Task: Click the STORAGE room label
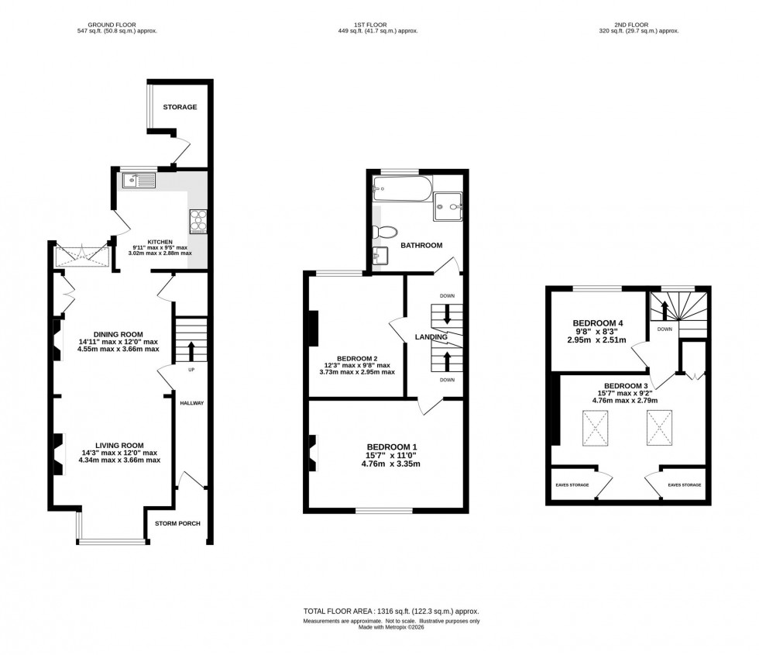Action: click(x=180, y=107)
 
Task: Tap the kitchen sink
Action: click(x=138, y=181)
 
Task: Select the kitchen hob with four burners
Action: click(x=198, y=222)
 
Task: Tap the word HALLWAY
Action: click(x=191, y=404)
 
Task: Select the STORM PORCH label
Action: click(x=177, y=523)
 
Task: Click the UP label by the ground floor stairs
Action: click(x=190, y=370)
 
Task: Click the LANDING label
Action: click(x=431, y=337)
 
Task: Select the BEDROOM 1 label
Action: click(x=392, y=446)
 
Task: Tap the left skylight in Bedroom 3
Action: click(x=596, y=426)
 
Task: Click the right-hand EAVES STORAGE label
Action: click(x=684, y=484)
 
